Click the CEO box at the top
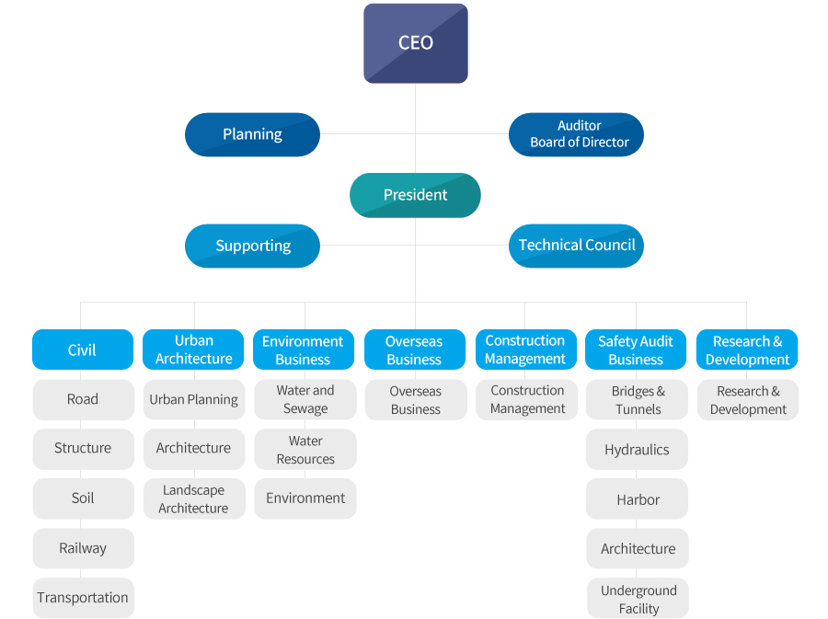pos(415,43)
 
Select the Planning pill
pos(252,134)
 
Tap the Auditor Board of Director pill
pos(576,134)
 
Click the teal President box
pos(415,195)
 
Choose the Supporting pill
pos(252,246)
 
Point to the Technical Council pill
pos(576,246)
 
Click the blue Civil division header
pos(82,350)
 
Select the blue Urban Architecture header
pos(193,350)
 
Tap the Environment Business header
pos(303,350)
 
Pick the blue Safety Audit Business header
pos(636,350)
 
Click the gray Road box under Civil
pos(83,399)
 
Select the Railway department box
pos(83,548)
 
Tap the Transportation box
pos(83,598)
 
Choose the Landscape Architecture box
pos(193,499)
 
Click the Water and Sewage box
pos(305,399)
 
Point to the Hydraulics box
pos(637,450)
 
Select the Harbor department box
pos(637,499)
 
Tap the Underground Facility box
pos(638,599)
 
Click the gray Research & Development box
pos(748,400)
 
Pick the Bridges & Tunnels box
pos(637,400)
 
